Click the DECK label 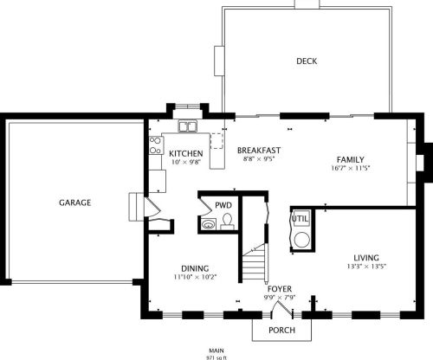pyautogui.click(x=307, y=61)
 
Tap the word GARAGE pyautogui.click(x=75, y=202)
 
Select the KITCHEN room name pyautogui.click(x=185, y=153)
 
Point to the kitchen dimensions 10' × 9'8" pyautogui.click(x=185, y=162)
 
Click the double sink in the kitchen pyautogui.click(x=187, y=128)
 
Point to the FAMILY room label pyautogui.click(x=350, y=159)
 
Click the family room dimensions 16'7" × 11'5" pyautogui.click(x=350, y=168)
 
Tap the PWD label pyautogui.click(x=223, y=205)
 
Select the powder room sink pyautogui.click(x=208, y=224)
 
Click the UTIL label pyautogui.click(x=300, y=219)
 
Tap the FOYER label pyautogui.click(x=280, y=288)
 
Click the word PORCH pyautogui.click(x=281, y=330)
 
